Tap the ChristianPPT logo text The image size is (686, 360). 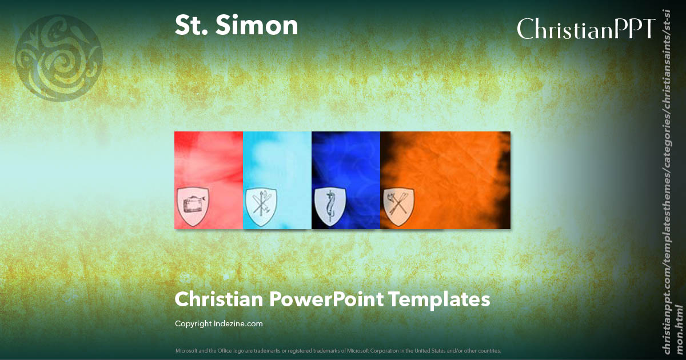point(585,29)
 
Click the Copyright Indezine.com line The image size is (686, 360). point(219,324)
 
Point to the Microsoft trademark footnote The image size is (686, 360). point(338,350)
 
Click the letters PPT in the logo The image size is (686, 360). point(635,29)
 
